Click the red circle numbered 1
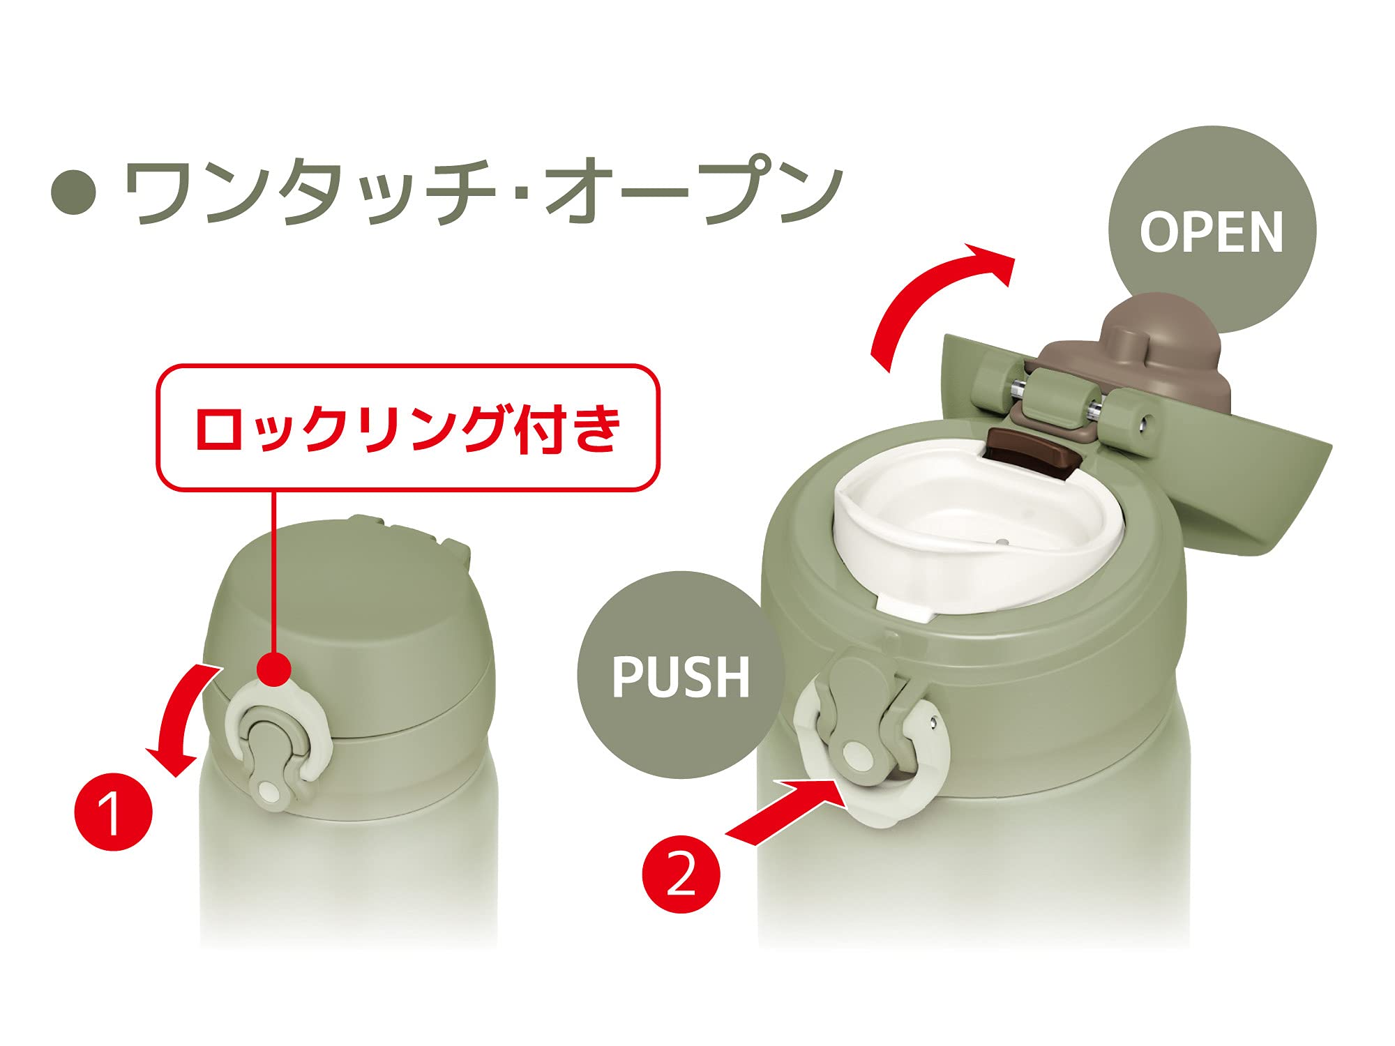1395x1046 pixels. [113, 811]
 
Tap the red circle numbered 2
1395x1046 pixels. [681, 874]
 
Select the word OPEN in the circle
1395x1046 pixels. [1212, 232]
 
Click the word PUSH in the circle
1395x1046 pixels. [681, 676]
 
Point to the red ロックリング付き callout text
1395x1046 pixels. [408, 427]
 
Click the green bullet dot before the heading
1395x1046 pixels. [74, 192]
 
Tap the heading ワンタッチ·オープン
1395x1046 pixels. [483, 191]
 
